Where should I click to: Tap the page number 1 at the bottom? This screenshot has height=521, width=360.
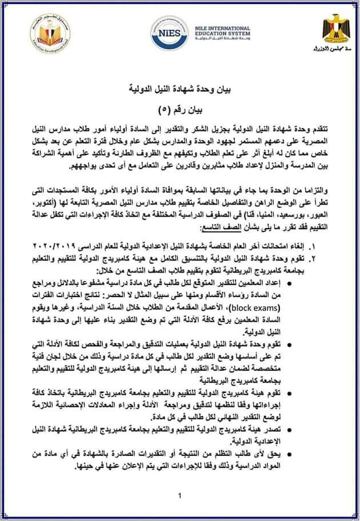point(179,495)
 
